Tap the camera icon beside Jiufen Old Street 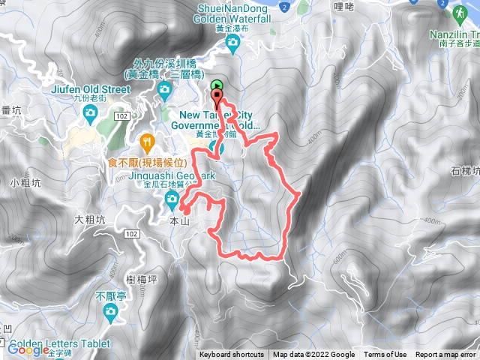point(90,113)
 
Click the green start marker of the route point(217,85)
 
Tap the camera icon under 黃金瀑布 point(233,43)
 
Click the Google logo point(28,349)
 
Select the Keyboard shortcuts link point(232,355)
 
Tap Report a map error point(446,355)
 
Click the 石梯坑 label point(464,171)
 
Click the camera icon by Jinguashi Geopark point(172,198)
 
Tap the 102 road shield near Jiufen point(122,118)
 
